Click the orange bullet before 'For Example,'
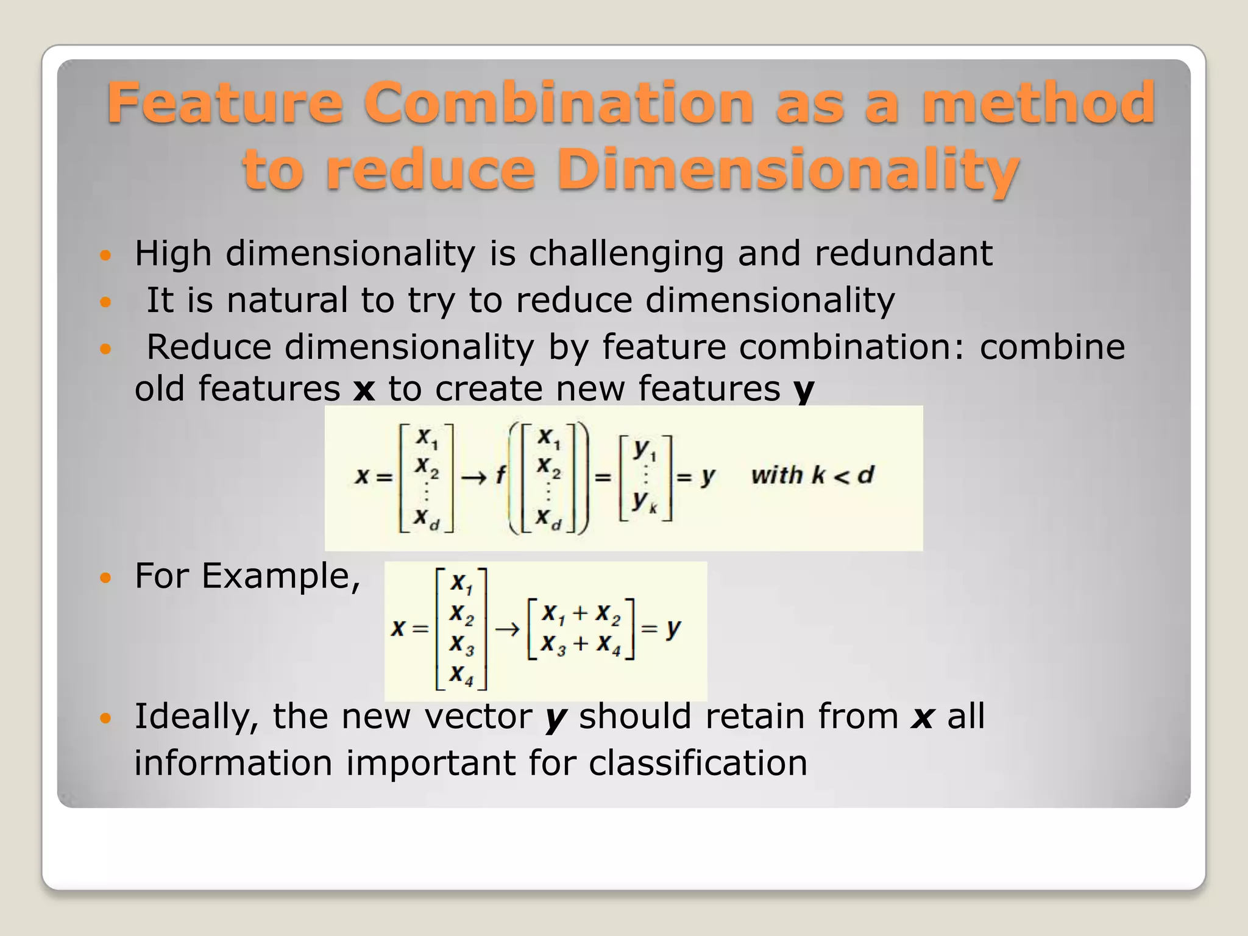(x=106, y=577)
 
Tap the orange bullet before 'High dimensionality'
(x=106, y=255)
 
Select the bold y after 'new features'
(x=804, y=390)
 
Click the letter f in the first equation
(x=500, y=475)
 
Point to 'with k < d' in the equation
(x=812, y=475)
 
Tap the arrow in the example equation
(x=506, y=629)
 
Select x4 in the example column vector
(x=461, y=675)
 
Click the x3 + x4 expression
(x=580, y=644)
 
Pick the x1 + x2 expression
(x=580, y=613)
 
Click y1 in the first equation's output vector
(x=645, y=450)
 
